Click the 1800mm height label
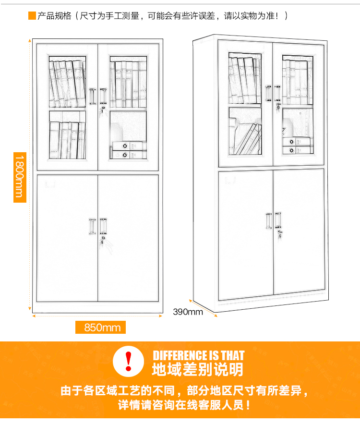[20, 177]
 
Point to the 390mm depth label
[188, 312]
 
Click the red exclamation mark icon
[128, 361]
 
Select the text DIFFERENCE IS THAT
[199, 355]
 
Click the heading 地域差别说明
[197, 369]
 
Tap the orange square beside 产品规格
[32, 16]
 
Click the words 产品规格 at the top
[54, 16]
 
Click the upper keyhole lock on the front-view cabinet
[103, 109]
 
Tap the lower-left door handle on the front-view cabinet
[92, 226]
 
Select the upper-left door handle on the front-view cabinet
[93, 96]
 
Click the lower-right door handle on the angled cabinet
[278, 220]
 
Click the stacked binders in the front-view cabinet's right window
[129, 150]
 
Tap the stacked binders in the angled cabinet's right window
[297, 146]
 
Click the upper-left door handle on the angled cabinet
[268, 93]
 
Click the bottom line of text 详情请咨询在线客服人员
[183, 405]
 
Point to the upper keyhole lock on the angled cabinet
[278, 106]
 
